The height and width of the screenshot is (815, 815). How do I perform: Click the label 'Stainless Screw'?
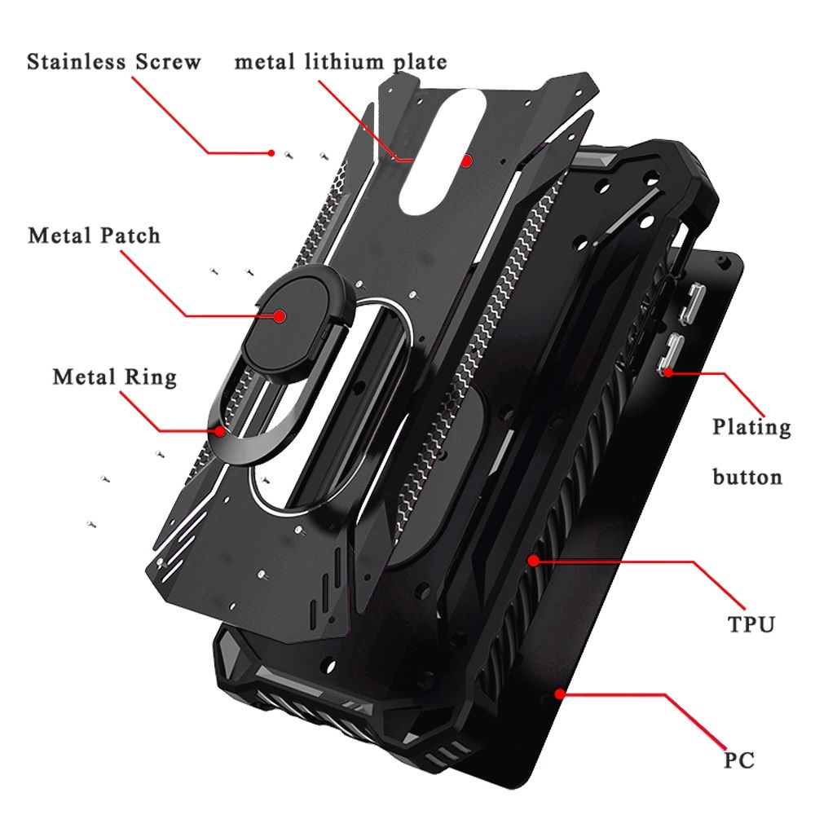point(114,61)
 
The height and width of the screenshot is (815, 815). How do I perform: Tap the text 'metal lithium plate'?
point(341,62)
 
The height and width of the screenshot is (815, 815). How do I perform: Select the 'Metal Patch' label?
point(94,236)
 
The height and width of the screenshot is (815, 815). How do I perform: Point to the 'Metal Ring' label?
point(115,377)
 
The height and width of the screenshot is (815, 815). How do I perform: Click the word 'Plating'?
point(751,427)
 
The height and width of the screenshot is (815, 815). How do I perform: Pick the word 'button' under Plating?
point(747,477)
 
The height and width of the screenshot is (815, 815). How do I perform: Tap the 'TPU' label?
point(751,623)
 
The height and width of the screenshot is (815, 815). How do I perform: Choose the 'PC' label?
point(739,760)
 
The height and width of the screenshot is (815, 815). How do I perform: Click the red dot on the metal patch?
point(280,316)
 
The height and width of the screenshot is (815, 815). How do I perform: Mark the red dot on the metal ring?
point(220,431)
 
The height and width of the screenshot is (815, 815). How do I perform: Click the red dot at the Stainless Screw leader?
point(271,153)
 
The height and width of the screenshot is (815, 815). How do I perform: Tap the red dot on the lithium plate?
point(466,161)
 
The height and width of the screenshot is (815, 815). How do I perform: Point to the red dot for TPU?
point(533,561)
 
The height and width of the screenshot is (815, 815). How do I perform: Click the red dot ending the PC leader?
point(559,694)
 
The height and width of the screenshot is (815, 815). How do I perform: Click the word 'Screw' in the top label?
point(169,61)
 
